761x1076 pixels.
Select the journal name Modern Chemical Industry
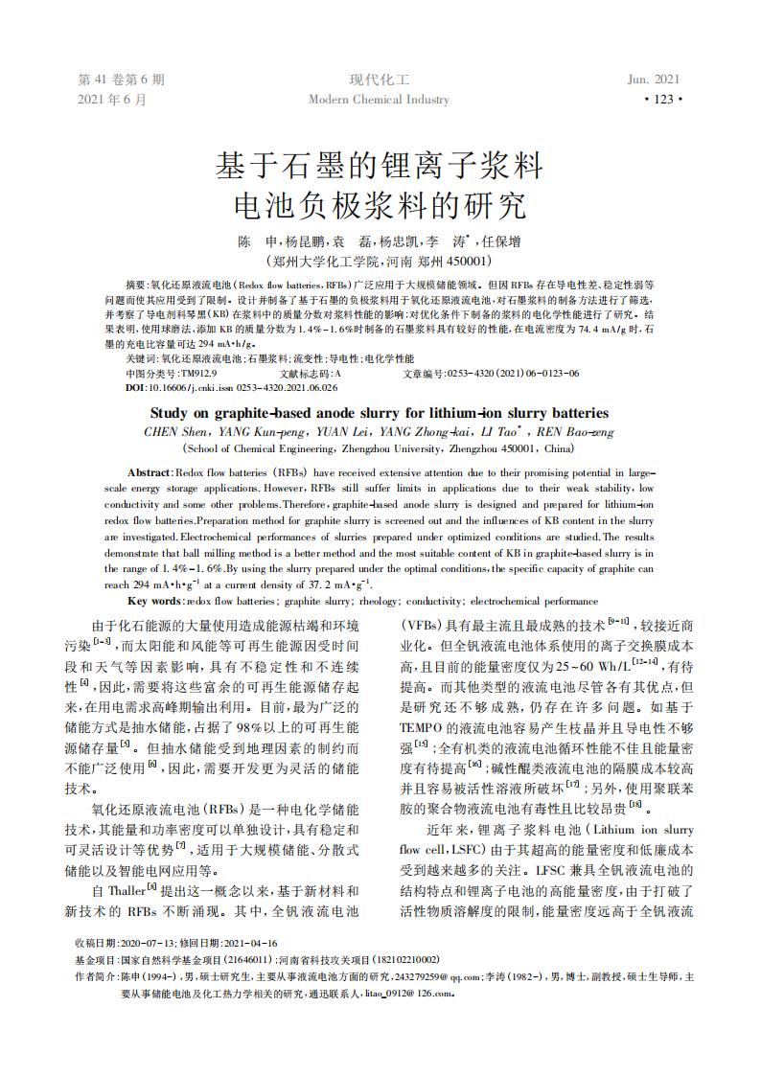(379, 100)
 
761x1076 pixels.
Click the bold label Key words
(153, 600)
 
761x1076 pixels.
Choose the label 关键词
(141, 358)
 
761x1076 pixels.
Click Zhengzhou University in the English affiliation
(437, 447)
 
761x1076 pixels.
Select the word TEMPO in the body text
(423, 727)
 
